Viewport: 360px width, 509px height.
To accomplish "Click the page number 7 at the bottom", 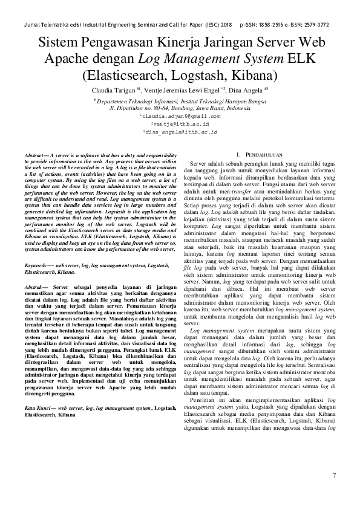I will point(334,476).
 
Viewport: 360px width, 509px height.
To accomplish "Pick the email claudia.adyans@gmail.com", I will point(180,115).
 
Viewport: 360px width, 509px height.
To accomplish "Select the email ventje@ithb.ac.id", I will point(180,123).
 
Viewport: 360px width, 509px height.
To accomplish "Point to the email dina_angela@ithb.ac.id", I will point(180,131).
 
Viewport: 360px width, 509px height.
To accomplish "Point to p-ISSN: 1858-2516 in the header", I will point(265,25).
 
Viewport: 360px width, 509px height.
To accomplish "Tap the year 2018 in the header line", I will point(227,25).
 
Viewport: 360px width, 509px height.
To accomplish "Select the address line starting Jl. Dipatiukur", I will point(180,109).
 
